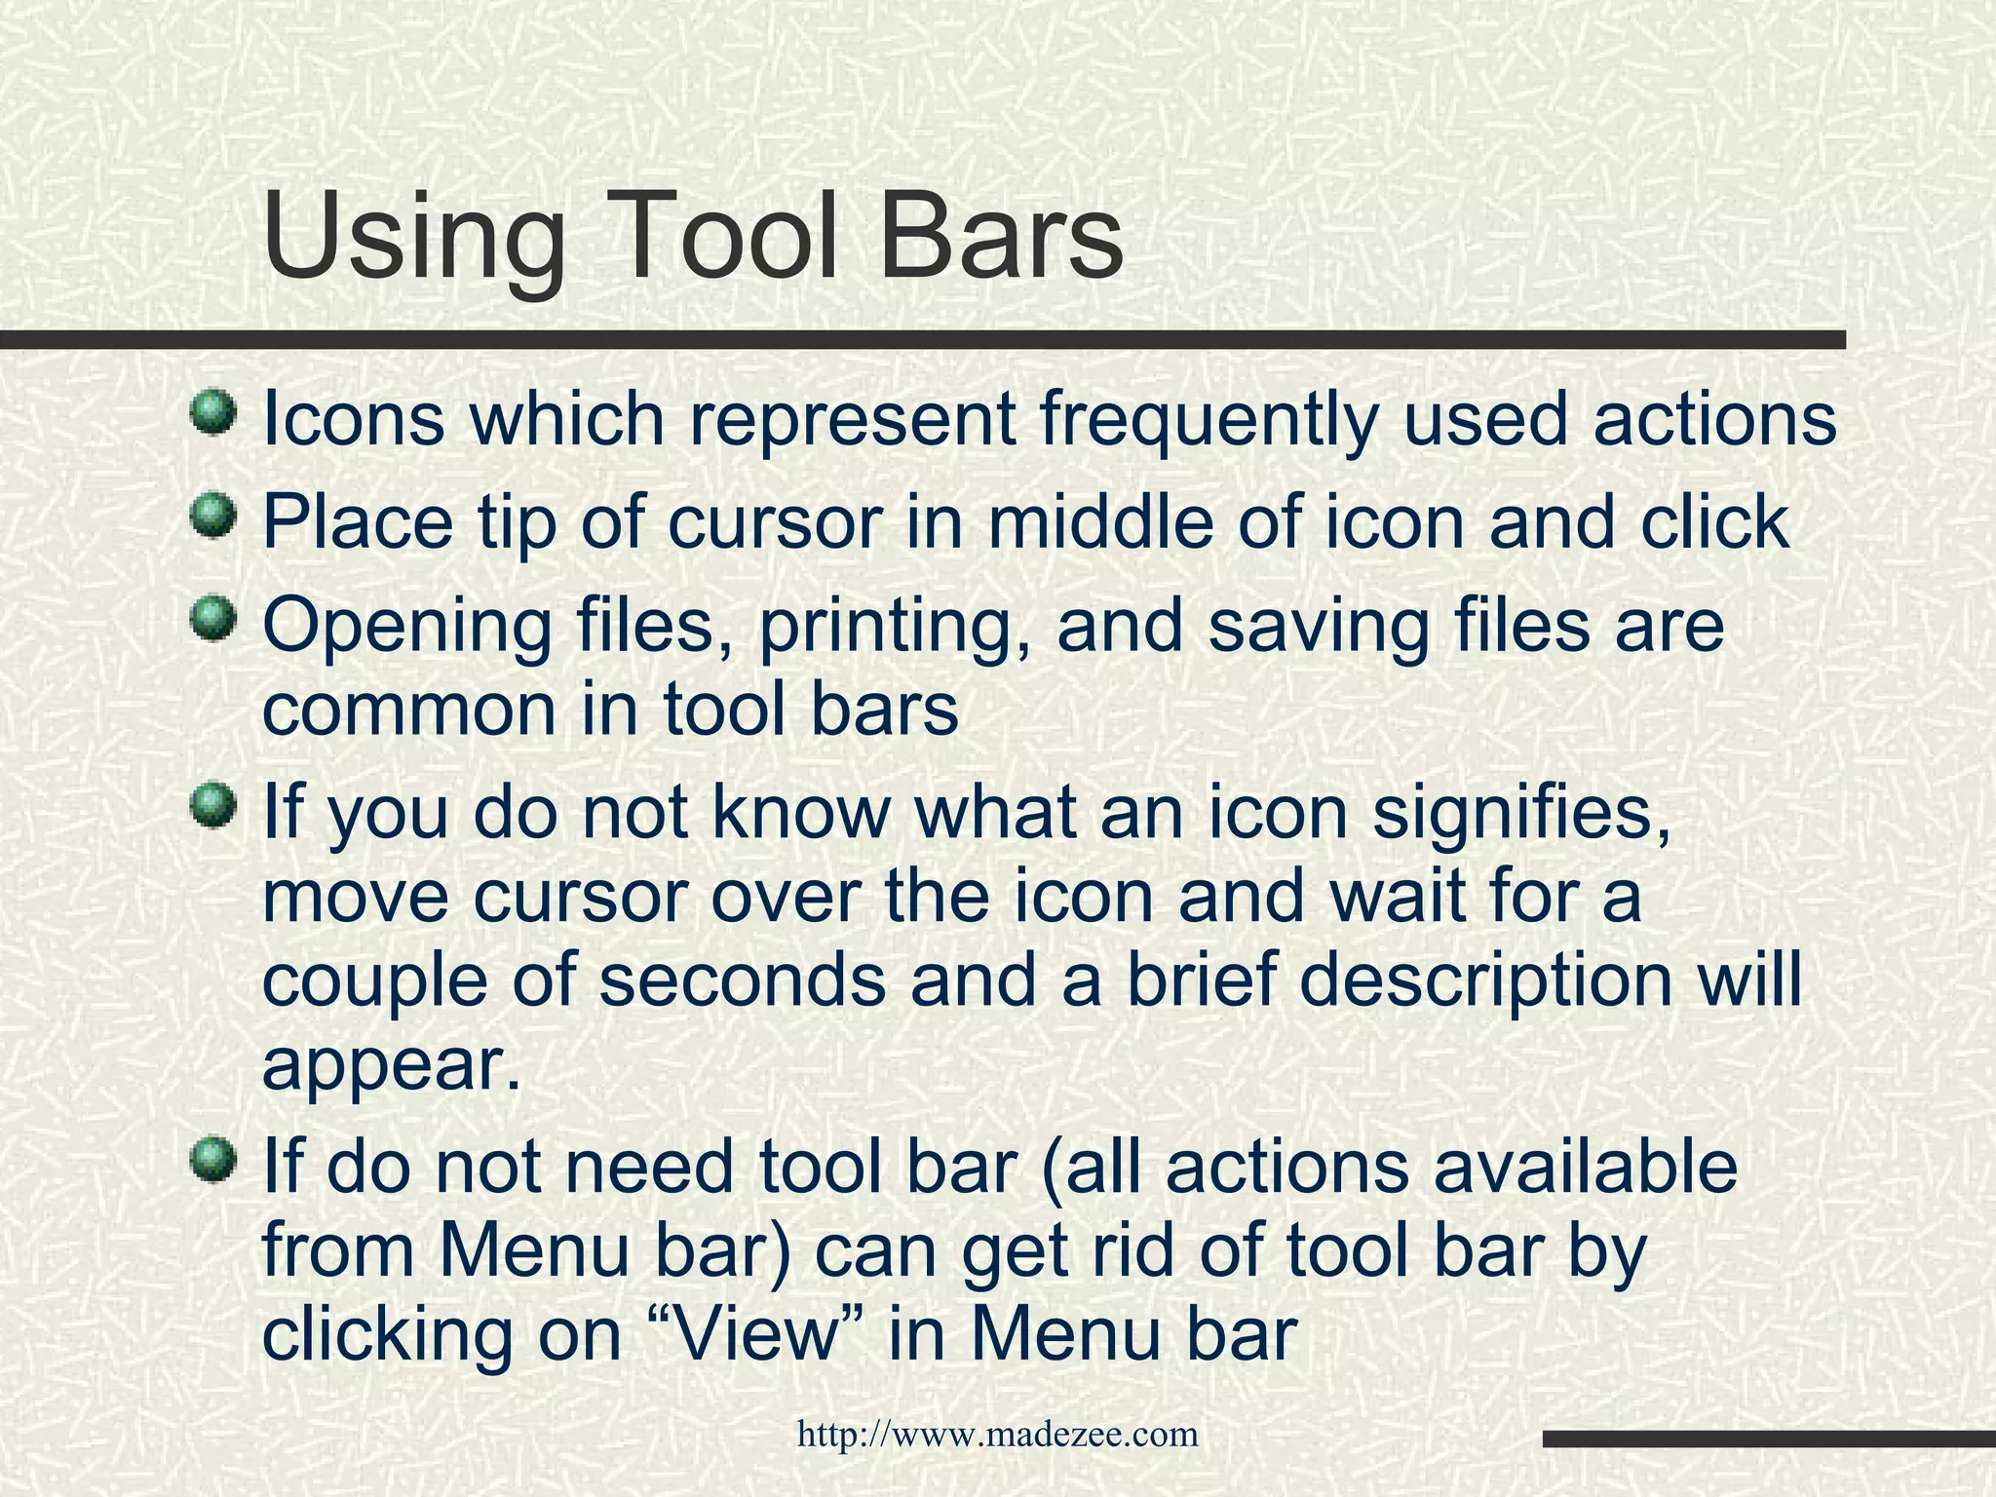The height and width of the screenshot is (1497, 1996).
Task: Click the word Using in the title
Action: pos(414,240)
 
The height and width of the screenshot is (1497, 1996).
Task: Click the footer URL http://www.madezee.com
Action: pos(997,1434)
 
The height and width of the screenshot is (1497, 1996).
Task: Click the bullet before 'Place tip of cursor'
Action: pos(213,516)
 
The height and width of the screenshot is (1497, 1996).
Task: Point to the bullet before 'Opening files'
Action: pos(213,620)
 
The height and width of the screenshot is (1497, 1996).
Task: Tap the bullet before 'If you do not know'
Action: pos(213,806)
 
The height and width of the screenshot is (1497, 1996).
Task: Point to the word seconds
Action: pos(742,981)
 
